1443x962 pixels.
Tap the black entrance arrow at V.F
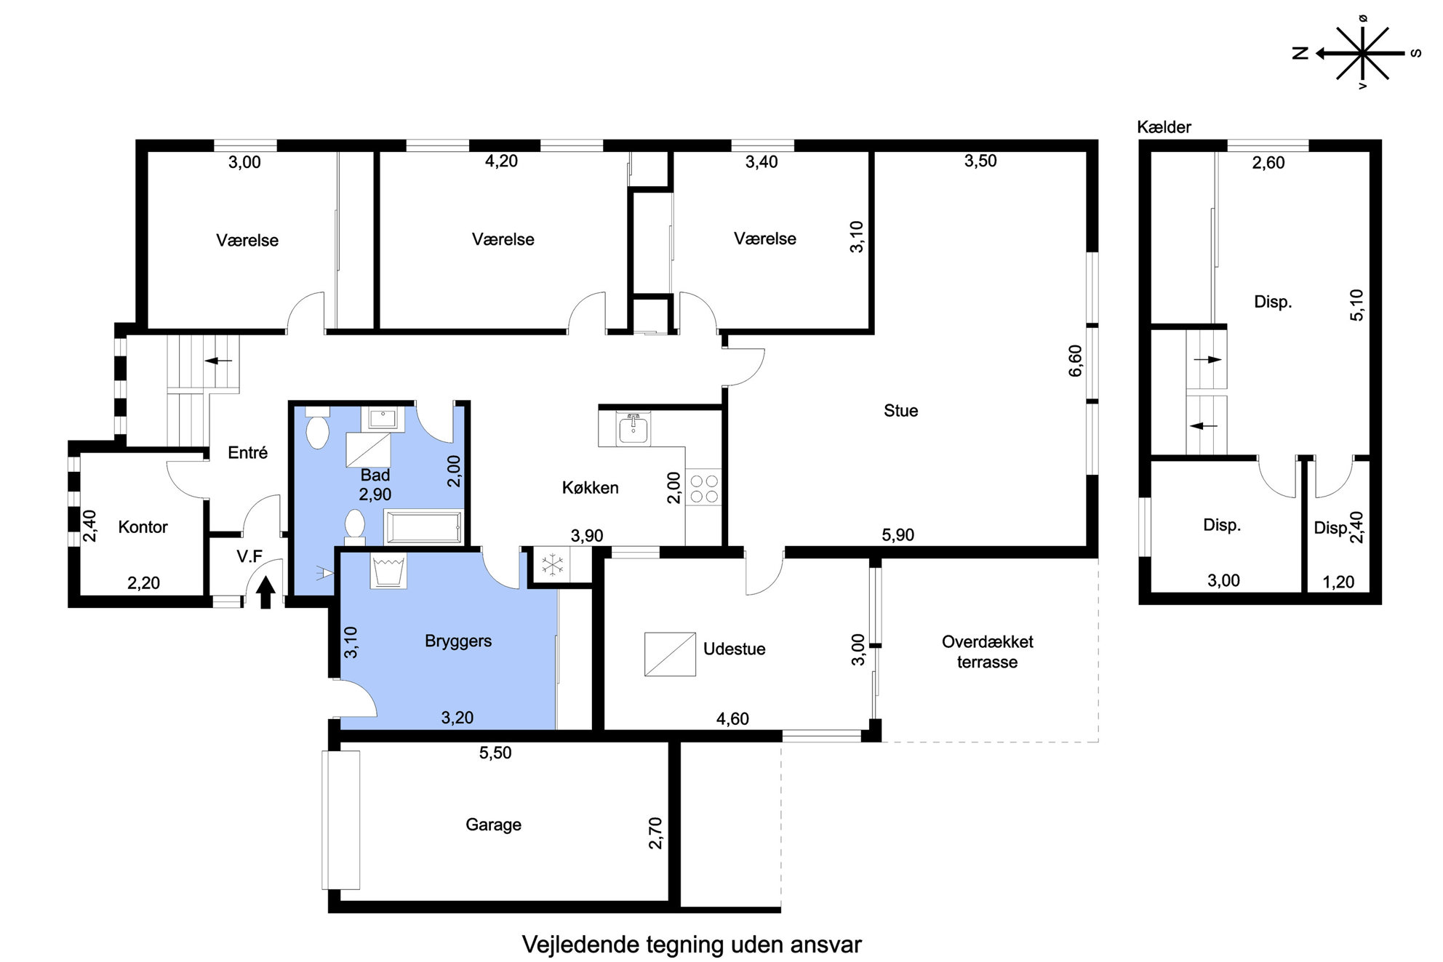pyautogui.click(x=265, y=592)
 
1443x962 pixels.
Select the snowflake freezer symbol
pyautogui.click(x=553, y=564)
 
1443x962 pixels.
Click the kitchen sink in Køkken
pyautogui.click(x=634, y=428)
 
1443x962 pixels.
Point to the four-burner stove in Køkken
pyautogui.click(x=703, y=488)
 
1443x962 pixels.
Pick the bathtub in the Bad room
pyautogui.click(x=423, y=526)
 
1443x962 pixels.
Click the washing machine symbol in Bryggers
pyautogui.click(x=388, y=571)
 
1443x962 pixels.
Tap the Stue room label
pyautogui.click(x=900, y=411)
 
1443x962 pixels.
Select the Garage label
pyautogui.click(x=493, y=825)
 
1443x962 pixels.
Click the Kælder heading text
pyautogui.click(x=1164, y=127)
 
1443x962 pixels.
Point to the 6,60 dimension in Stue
pyautogui.click(x=1075, y=361)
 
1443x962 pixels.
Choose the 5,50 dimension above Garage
pyautogui.click(x=495, y=753)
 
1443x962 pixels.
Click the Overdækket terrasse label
pyautogui.click(x=987, y=652)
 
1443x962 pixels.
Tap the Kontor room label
pyautogui.click(x=143, y=527)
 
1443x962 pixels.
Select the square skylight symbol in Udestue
pyautogui.click(x=670, y=654)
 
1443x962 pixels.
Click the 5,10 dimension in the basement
pyautogui.click(x=1357, y=305)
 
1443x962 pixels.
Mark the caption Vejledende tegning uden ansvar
pyautogui.click(x=692, y=945)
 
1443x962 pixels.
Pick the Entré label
pyautogui.click(x=247, y=453)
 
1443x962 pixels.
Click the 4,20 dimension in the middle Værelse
pyautogui.click(x=501, y=161)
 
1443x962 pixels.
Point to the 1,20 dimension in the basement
pyautogui.click(x=1338, y=582)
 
